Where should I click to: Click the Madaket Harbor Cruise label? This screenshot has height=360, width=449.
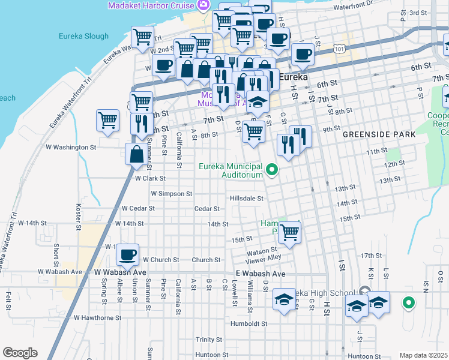coord(151,5)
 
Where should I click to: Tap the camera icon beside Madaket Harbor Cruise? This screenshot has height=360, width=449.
coord(203,5)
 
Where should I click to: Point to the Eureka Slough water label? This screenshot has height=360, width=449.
coord(83,36)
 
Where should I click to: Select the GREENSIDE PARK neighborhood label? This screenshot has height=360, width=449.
coord(379,135)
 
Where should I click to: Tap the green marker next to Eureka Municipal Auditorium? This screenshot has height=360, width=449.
coord(273,170)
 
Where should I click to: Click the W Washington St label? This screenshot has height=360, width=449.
coord(71,147)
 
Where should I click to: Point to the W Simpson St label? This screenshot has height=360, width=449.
coord(171,194)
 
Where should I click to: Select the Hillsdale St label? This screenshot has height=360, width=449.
coord(247,199)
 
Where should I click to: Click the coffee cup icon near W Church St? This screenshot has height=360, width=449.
coord(128,254)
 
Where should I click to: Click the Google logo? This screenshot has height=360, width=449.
coord(20,353)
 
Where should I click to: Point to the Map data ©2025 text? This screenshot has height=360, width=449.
coord(423,355)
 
